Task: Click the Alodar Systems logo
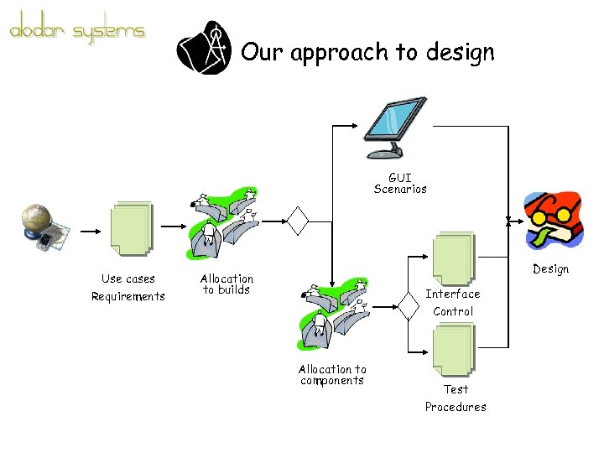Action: click(77, 31)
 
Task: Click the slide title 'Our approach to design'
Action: click(367, 53)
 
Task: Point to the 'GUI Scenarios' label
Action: click(400, 183)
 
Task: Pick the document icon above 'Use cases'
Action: click(130, 227)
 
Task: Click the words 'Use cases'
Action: click(128, 279)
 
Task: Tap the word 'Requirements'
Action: click(128, 296)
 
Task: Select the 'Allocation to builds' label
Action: click(226, 284)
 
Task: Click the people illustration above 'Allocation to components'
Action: click(332, 315)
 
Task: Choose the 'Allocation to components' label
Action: click(332, 374)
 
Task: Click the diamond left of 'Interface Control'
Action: click(409, 307)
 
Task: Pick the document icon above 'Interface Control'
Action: click(453, 258)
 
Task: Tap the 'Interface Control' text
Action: click(453, 302)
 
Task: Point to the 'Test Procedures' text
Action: click(456, 398)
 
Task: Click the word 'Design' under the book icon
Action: click(551, 269)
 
